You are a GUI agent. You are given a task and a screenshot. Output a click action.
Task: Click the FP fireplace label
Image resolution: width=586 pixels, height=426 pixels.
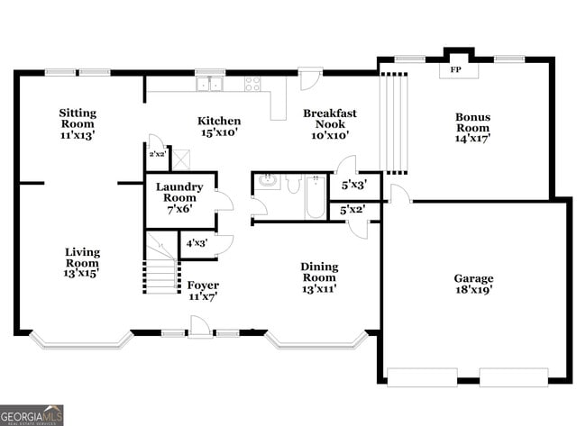tap(455, 69)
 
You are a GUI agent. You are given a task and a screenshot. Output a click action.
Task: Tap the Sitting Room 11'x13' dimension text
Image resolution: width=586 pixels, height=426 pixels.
tap(78, 135)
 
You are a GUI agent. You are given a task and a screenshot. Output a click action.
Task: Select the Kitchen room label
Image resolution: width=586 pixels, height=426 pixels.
tap(219, 121)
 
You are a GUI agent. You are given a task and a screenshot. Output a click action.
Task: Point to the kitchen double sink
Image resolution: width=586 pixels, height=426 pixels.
tap(209, 84)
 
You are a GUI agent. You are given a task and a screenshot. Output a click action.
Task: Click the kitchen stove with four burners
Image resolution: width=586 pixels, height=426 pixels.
tap(252, 84)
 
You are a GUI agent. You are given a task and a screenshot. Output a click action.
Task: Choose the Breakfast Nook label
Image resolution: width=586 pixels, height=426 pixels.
tap(330, 118)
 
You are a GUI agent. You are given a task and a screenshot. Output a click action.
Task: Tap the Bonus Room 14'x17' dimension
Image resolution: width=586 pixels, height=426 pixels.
tap(472, 138)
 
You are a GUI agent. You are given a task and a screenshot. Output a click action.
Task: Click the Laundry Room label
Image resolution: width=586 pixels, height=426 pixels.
tap(179, 192)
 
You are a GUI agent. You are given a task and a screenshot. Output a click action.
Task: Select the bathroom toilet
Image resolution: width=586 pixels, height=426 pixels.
tap(293, 184)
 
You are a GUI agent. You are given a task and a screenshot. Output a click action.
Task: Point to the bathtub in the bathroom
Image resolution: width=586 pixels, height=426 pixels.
tap(316, 197)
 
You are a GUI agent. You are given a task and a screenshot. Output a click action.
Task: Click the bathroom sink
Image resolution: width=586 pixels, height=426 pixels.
tap(269, 181)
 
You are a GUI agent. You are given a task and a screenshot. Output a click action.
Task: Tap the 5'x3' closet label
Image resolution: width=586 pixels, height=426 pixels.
tap(354, 185)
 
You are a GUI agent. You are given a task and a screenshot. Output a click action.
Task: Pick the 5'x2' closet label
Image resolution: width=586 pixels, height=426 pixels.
tap(353, 210)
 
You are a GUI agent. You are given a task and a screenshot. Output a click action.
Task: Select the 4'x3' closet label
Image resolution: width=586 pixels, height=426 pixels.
tap(197, 243)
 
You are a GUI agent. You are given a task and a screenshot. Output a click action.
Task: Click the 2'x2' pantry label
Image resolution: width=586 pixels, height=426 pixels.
tap(158, 154)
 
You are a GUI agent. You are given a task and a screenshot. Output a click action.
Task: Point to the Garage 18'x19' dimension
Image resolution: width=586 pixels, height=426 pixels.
tap(473, 289)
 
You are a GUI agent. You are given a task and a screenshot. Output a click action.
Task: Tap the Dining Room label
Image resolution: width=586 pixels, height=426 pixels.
tap(319, 272)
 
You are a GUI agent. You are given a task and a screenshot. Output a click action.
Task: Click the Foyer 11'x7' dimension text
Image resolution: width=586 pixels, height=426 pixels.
tap(203, 297)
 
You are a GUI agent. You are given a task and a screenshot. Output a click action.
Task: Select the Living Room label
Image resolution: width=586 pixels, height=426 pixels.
tap(82, 258)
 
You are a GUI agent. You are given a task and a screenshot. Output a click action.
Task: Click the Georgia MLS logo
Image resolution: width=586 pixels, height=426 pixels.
tap(32, 415)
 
